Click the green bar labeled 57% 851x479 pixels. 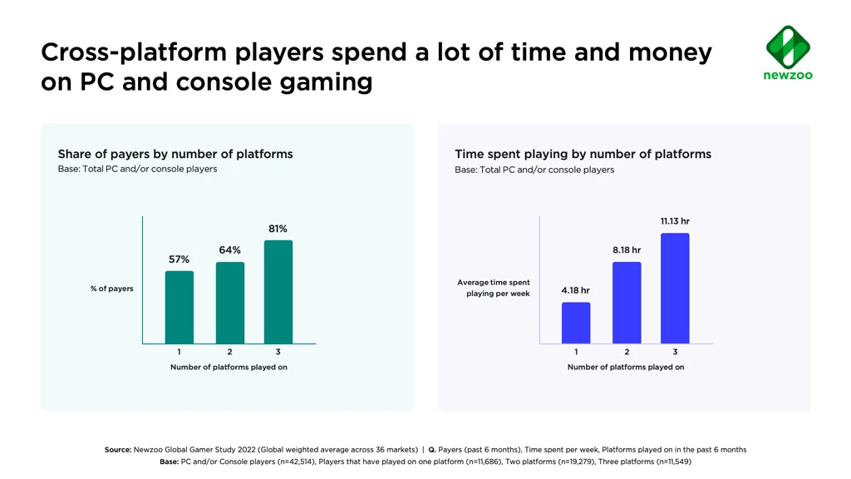179,307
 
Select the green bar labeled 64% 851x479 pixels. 230,303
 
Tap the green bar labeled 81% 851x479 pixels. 278,292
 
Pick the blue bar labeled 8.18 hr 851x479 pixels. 627,303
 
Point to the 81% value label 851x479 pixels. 278,229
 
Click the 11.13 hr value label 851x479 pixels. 675,221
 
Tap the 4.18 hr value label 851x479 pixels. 575,290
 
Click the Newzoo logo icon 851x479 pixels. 788,47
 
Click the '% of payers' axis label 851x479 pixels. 111,289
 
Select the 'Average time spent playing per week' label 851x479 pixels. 494,288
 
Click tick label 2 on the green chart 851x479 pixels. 230,352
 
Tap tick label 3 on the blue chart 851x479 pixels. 675,352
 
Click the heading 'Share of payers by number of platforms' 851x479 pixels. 175,154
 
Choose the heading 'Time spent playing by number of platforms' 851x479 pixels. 583,154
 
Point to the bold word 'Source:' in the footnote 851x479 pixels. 118,450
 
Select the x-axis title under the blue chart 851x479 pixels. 626,367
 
